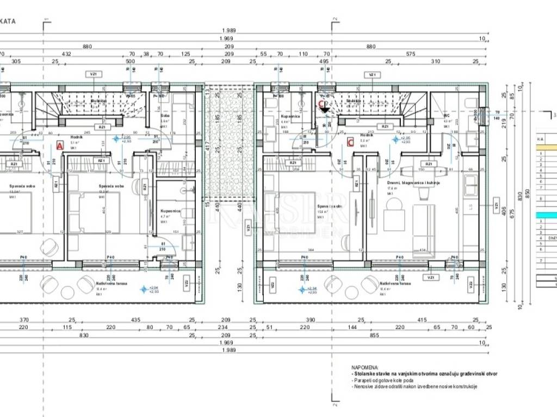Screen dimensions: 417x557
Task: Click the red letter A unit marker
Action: click(59, 145)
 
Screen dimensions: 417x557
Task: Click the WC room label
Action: click(446, 116)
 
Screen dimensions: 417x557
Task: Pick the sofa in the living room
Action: click(423, 231)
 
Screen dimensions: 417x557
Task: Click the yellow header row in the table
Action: click(547, 147)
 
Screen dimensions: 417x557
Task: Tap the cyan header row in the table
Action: click(547, 216)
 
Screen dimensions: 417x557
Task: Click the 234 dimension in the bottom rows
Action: click(222, 327)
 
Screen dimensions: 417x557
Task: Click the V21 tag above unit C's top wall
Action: click(372, 74)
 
